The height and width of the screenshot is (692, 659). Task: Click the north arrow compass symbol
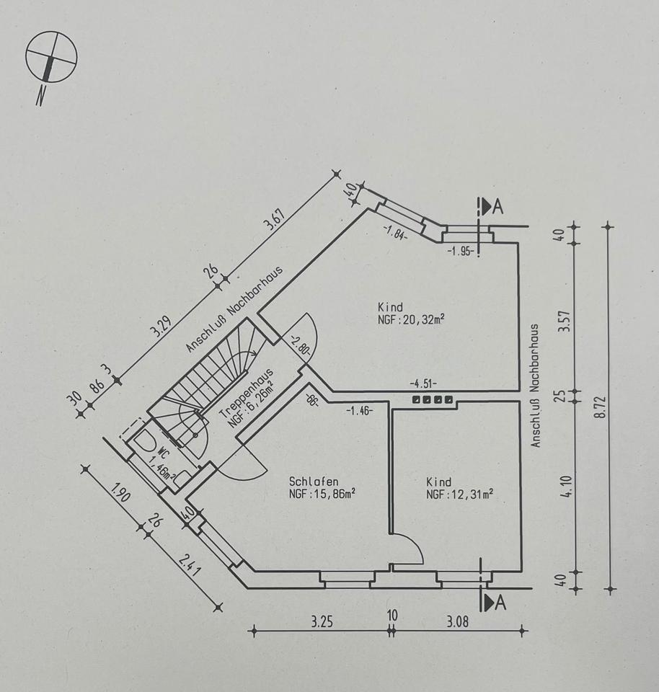51,58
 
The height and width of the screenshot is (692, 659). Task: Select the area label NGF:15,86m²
322,494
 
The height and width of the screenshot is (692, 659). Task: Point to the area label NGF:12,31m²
459,494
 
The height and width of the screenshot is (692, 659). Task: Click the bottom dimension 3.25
322,621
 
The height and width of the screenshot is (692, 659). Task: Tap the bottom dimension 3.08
456,621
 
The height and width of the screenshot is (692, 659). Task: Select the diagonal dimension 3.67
273,219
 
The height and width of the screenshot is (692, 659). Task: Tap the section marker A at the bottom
496,601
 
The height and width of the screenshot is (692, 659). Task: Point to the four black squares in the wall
433,399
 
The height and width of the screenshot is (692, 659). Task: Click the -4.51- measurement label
424,383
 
